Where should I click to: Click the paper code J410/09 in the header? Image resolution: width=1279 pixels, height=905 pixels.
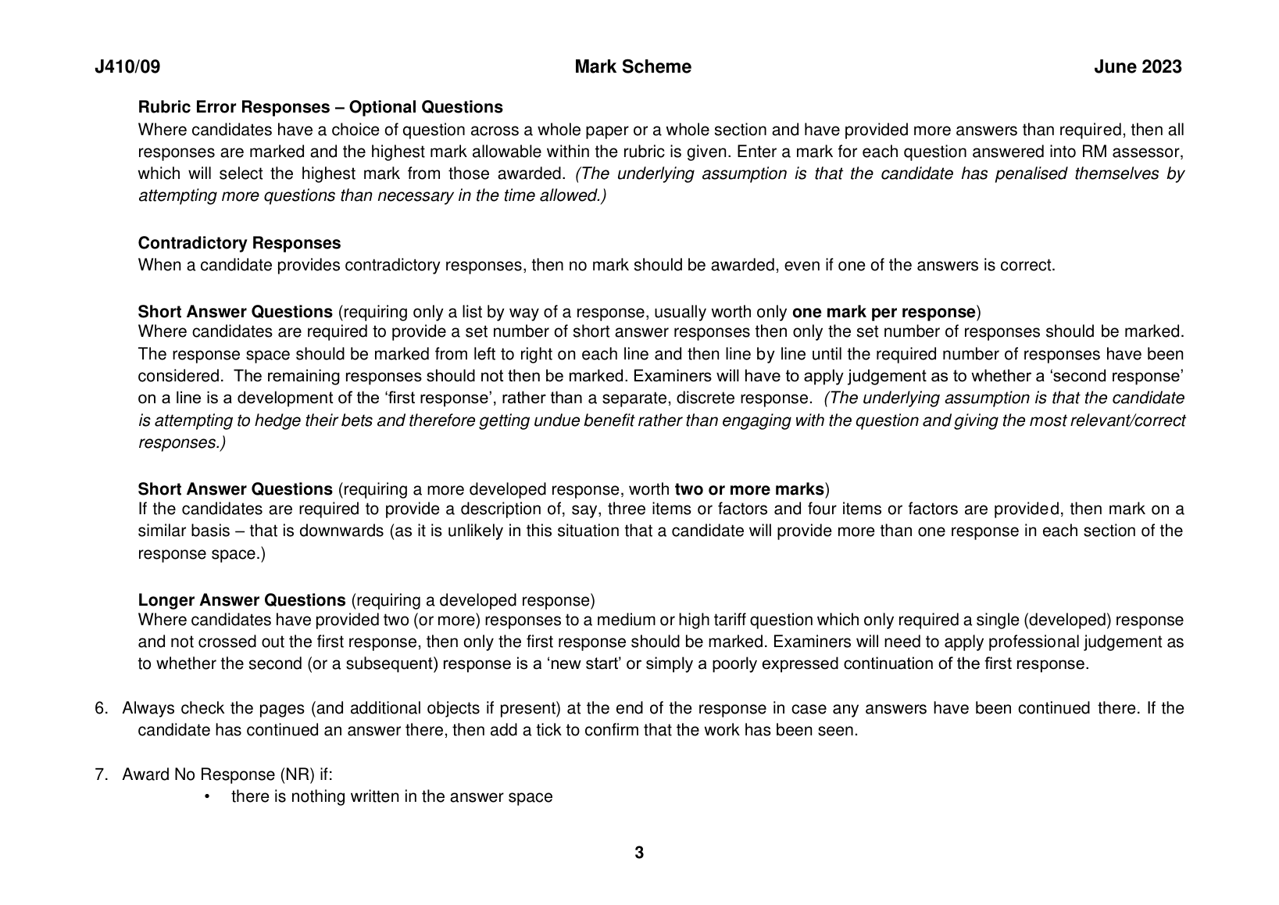pos(127,67)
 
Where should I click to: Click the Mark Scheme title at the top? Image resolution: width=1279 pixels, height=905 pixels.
pos(632,67)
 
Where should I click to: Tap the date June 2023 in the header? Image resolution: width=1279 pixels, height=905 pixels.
pos(1137,67)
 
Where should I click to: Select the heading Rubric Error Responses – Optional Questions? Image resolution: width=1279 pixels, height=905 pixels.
pos(320,107)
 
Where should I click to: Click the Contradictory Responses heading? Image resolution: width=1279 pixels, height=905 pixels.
pos(239,243)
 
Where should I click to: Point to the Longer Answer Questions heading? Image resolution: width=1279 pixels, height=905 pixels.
pos(241,600)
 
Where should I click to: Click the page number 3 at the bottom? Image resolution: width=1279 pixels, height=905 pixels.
pos(639,853)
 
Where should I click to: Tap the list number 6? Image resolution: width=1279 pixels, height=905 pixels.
pos(101,709)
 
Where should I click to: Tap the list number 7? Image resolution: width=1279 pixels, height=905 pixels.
pos(101,774)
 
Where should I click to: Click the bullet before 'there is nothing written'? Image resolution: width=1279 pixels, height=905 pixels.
pos(207,797)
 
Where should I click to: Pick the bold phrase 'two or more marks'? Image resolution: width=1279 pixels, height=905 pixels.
pos(749,490)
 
